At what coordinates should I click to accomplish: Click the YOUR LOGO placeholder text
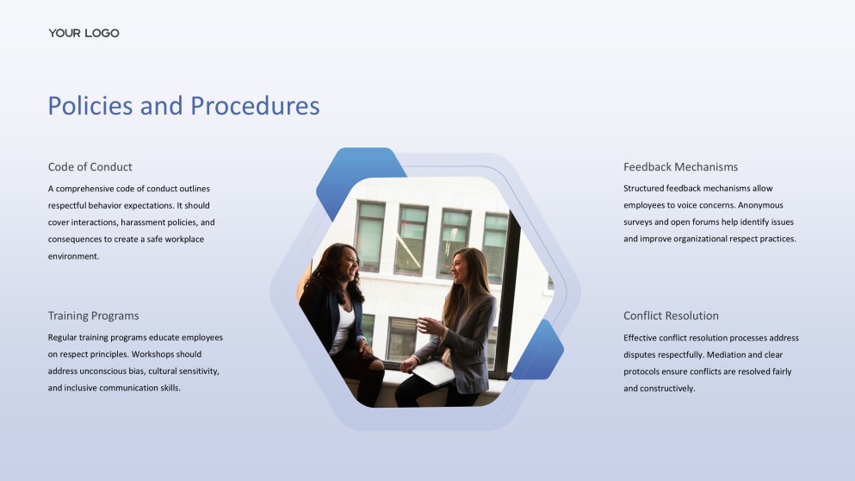coord(84,34)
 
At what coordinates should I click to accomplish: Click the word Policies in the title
coord(90,105)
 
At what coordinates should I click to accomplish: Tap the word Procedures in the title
coord(255,105)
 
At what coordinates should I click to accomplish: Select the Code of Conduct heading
coord(90,167)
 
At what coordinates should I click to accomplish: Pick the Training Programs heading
coord(93,315)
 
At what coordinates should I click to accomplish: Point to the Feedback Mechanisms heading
coord(680,167)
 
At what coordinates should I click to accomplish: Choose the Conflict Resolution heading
coord(671,315)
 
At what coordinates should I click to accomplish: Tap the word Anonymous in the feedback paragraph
coord(760,205)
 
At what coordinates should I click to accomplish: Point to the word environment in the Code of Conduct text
coord(73,256)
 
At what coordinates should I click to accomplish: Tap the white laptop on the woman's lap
coord(433,372)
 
